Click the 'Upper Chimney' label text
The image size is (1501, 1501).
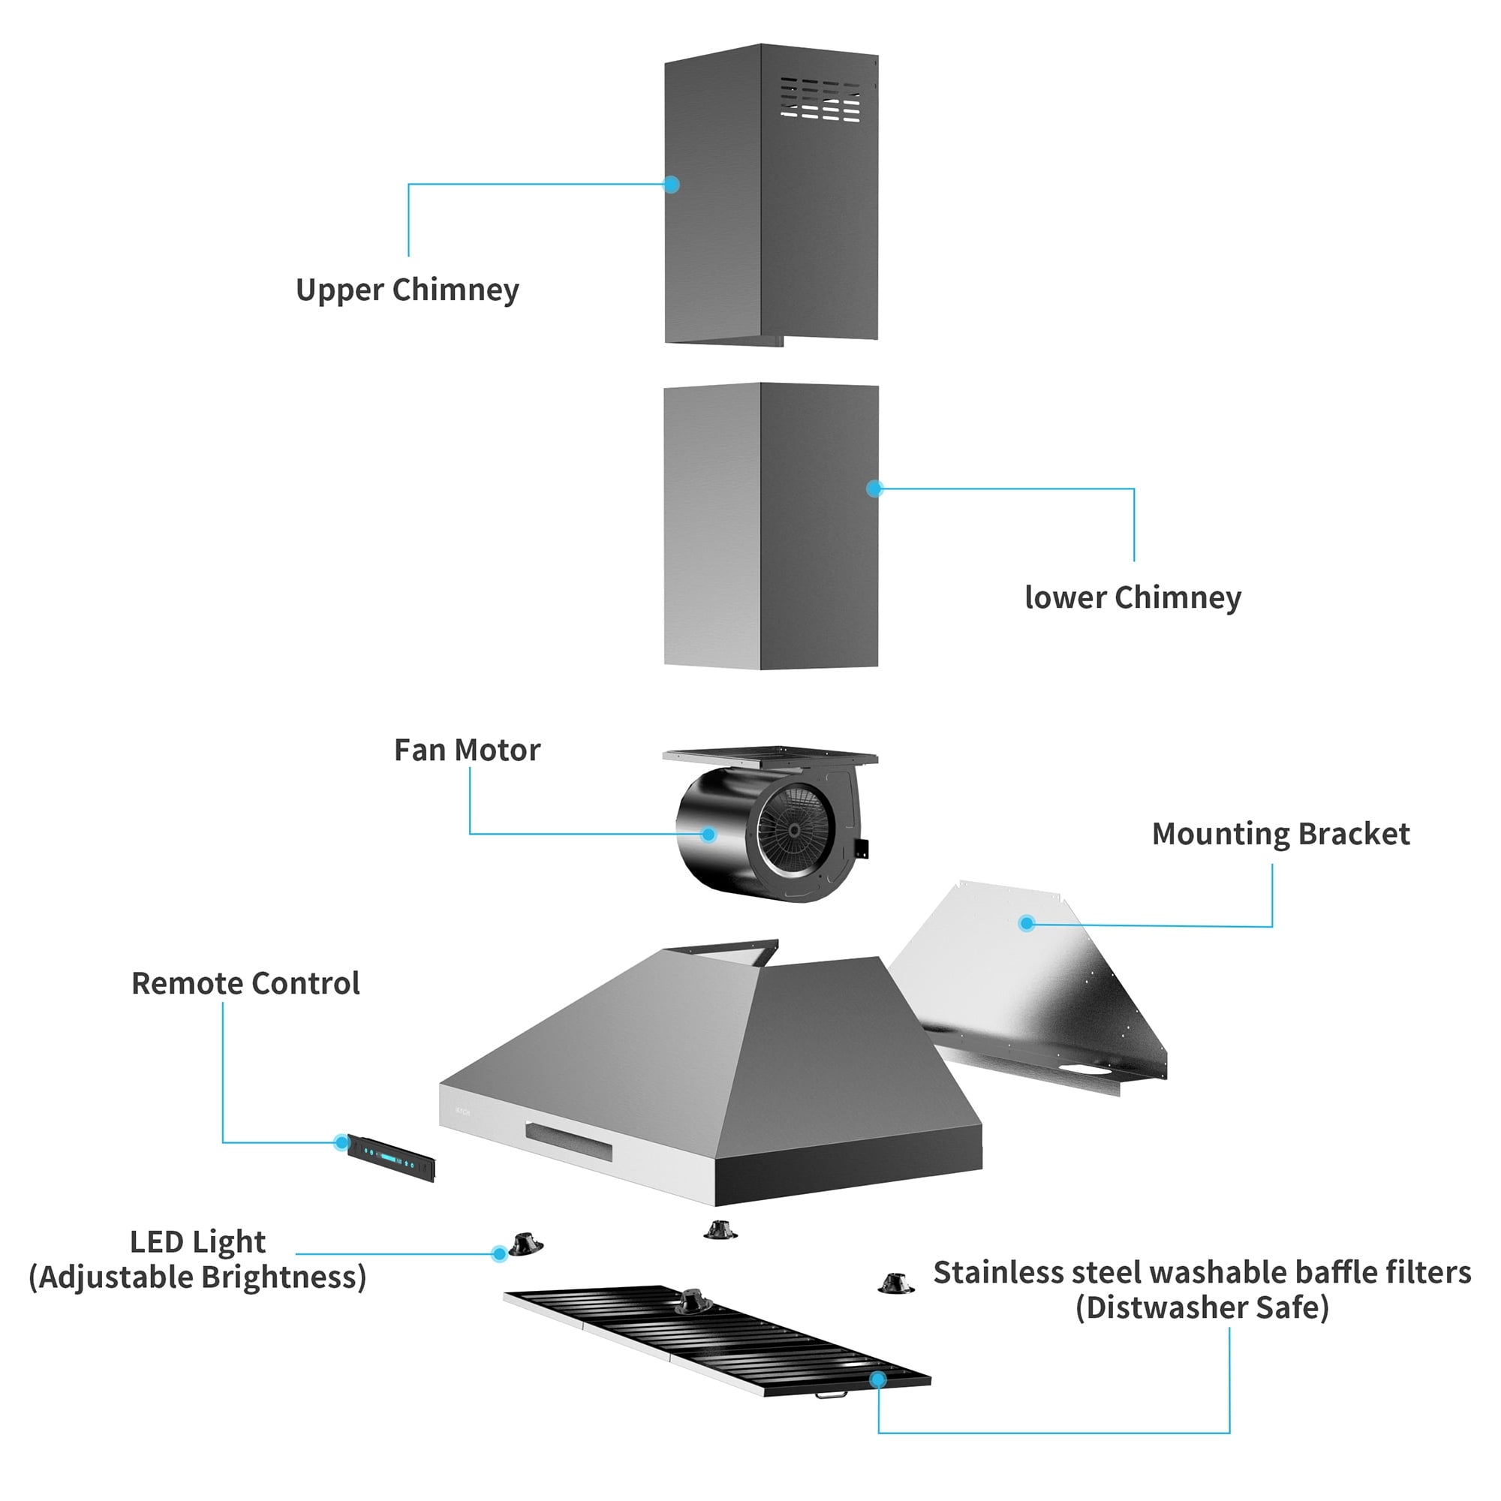pyautogui.click(x=407, y=290)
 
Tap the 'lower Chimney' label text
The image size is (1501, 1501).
pyautogui.click(x=1133, y=597)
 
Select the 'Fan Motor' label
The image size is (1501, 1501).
pyautogui.click(x=467, y=750)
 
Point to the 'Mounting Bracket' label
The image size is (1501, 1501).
pyautogui.click(x=1280, y=834)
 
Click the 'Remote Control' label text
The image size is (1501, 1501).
pyautogui.click(x=245, y=984)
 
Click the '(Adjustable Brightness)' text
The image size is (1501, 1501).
pyautogui.click(x=197, y=1277)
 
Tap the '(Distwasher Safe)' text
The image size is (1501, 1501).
pyautogui.click(x=1202, y=1307)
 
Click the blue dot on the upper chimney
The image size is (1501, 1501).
pyautogui.click(x=672, y=184)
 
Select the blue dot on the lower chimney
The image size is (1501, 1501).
pyautogui.click(x=875, y=488)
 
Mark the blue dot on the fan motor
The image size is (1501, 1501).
pyautogui.click(x=708, y=835)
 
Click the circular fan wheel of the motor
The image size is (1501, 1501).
pyautogui.click(x=794, y=831)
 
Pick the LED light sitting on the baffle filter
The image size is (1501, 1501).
pyautogui.click(x=691, y=1301)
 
